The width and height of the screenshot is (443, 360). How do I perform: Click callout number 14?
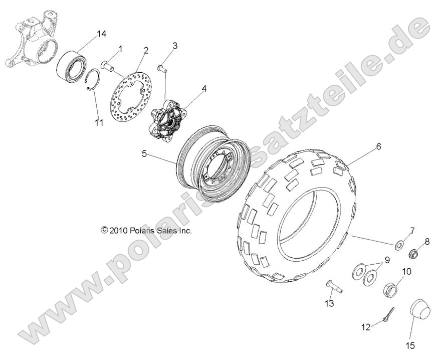pyautogui.click(x=101, y=34)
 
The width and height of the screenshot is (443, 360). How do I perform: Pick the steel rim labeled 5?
pyautogui.click(x=212, y=167)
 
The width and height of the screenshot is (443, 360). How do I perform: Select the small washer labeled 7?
pyautogui.click(x=399, y=245)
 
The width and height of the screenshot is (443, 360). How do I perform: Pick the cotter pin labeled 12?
pyautogui.click(x=388, y=314)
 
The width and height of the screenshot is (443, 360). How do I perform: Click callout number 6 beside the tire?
pyautogui.click(x=378, y=146)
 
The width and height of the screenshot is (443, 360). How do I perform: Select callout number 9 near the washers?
pyautogui.click(x=386, y=260)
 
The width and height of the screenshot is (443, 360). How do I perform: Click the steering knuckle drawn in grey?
pyautogui.click(x=33, y=40)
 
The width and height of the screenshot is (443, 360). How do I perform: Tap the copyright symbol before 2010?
pyautogui.click(x=104, y=230)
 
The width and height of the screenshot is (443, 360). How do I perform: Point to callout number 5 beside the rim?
pyautogui.click(x=144, y=154)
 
